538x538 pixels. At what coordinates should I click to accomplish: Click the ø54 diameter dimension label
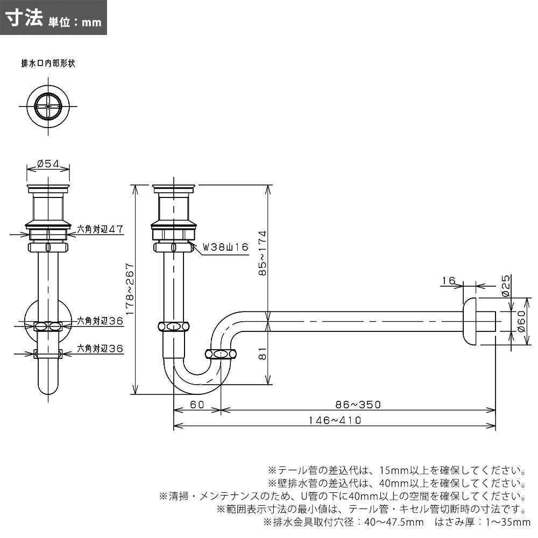(x=48, y=165)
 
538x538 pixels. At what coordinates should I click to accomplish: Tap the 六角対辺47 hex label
(x=100, y=229)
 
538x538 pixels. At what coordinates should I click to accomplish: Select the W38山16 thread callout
(x=225, y=247)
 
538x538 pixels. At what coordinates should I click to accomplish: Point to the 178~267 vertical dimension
(x=128, y=289)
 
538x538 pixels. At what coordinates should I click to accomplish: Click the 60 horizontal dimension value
(x=197, y=405)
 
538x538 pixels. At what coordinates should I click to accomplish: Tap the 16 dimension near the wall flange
(x=448, y=280)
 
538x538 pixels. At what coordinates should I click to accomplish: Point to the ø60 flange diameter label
(x=520, y=323)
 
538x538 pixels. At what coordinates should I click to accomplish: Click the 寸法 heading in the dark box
(x=24, y=18)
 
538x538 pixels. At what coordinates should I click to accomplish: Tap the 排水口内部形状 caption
(x=48, y=63)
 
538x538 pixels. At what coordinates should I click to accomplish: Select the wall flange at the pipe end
(x=470, y=321)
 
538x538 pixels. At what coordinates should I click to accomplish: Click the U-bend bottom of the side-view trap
(x=197, y=383)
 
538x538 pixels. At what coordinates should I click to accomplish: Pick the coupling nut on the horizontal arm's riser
(x=221, y=353)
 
